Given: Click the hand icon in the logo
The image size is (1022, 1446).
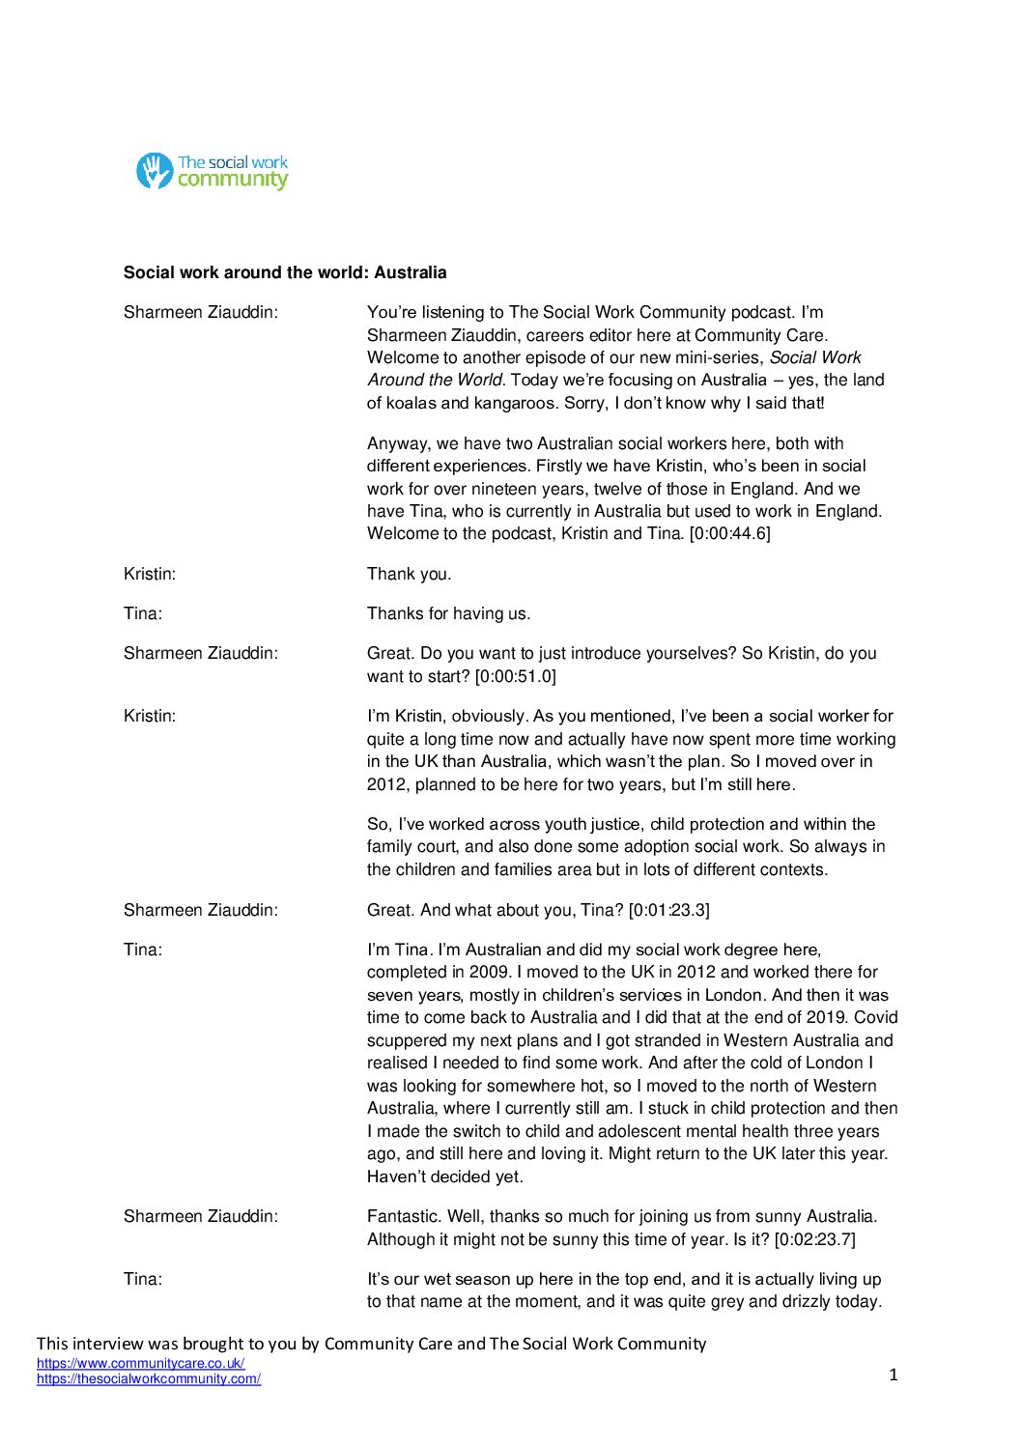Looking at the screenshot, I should (154, 171).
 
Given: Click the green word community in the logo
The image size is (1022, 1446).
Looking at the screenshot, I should (233, 180).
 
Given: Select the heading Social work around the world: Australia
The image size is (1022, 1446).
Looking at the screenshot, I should (285, 272).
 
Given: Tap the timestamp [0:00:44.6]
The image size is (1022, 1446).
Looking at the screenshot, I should (729, 533).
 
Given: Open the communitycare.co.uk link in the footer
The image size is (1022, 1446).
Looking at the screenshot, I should (140, 1364).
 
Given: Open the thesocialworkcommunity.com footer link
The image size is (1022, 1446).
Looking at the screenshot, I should (149, 1379).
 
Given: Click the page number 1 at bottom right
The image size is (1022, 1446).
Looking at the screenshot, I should (893, 1375).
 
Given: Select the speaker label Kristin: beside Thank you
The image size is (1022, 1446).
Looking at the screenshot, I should (150, 574).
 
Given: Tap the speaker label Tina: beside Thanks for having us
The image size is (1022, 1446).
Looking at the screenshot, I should (143, 613).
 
